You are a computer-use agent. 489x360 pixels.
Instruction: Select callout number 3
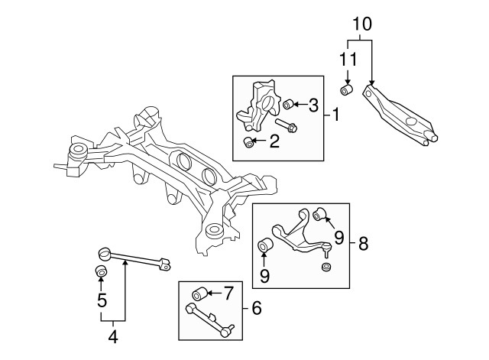click(x=313, y=105)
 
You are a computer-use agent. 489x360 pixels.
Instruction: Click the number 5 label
click(x=101, y=301)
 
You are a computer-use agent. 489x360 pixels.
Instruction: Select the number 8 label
click(x=363, y=245)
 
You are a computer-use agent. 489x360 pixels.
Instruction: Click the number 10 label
click(x=361, y=24)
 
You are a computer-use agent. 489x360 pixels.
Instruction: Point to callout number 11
click(x=347, y=59)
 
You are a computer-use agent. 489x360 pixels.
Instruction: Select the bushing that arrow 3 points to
click(x=289, y=105)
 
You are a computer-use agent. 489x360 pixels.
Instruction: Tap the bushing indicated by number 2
click(x=248, y=142)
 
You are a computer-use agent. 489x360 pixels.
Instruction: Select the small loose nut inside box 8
click(x=326, y=267)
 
